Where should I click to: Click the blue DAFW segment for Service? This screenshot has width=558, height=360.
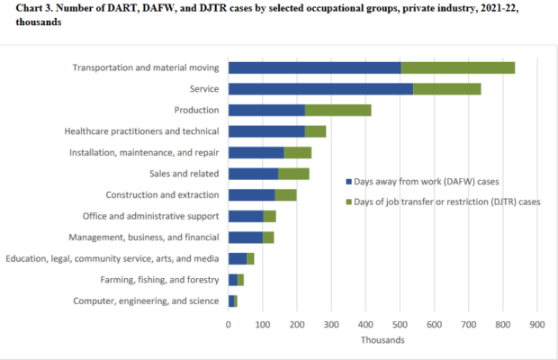point(320,88)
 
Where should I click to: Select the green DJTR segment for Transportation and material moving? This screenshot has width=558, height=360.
point(457,67)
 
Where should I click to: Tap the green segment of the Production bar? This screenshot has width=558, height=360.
point(338,110)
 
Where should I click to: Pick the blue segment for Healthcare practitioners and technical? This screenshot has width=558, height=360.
point(266,131)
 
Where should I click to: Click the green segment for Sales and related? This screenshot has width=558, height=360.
point(293,174)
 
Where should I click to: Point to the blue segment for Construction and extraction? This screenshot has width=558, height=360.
point(251,194)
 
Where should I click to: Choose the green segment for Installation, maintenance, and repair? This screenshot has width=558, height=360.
point(297,152)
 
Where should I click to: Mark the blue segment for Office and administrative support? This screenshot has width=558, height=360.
point(246,216)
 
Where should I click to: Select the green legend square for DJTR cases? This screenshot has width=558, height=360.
point(348,202)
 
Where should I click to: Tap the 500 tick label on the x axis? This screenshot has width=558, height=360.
point(400,324)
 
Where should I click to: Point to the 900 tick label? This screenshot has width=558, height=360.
point(537,324)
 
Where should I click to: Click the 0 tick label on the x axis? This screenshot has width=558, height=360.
point(229,324)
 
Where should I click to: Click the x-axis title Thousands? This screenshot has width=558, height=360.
point(382,340)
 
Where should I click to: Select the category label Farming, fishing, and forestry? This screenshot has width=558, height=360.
point(158,280)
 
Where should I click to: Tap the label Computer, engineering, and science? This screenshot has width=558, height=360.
point(146,301)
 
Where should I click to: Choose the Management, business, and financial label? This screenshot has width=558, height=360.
point(144,238)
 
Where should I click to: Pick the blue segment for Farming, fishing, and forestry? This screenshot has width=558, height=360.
point(233,280)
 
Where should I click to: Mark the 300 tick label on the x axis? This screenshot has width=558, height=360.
point(331,324)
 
